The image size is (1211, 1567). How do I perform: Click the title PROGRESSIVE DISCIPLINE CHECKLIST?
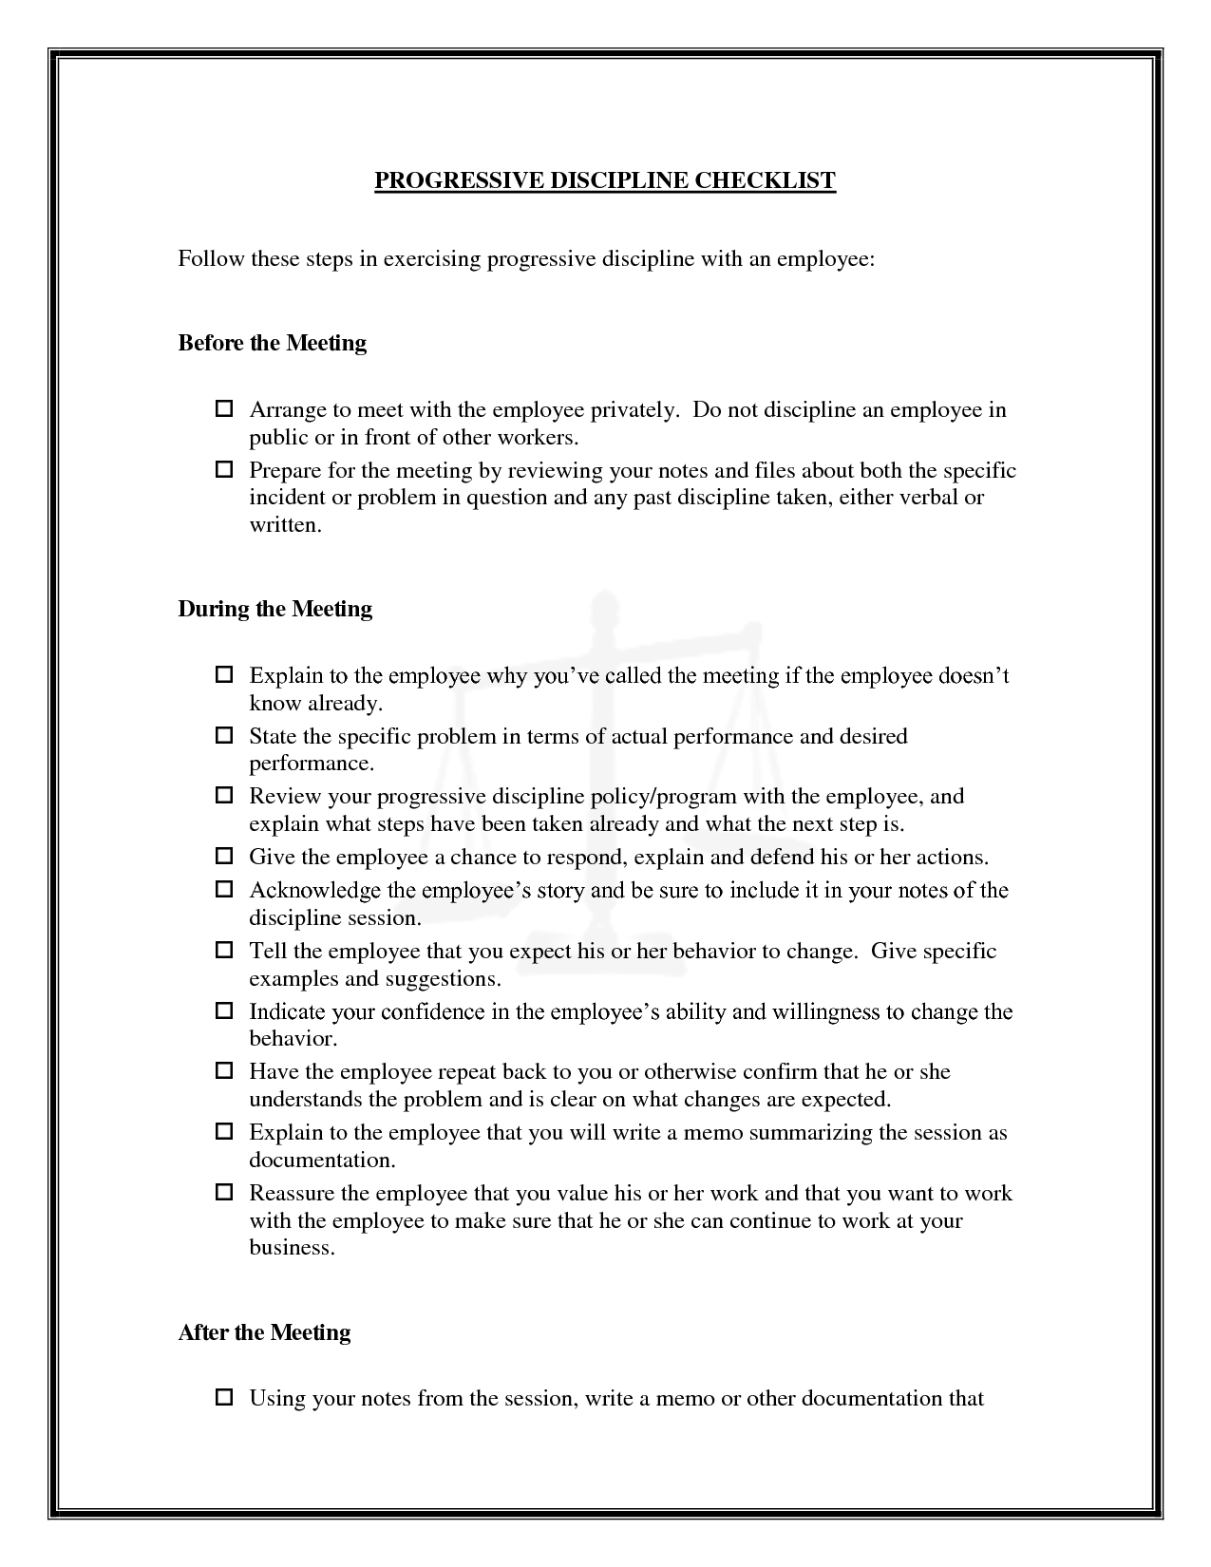[x=604, y=180]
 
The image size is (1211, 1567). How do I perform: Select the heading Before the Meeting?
[x=272, y=343]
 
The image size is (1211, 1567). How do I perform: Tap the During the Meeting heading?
[x=274, y=609]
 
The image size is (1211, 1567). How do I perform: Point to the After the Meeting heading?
[x=264, y=1332]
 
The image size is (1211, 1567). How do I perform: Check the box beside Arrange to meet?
[x=224, y=410]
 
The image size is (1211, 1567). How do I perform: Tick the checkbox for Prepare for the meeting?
[x=224, y=470]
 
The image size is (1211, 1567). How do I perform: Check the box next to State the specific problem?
[x=224, y=736]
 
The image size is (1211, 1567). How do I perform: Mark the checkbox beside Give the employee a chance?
[x=224, y=857]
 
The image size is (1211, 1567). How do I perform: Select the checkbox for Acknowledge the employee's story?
[x=224, y=890]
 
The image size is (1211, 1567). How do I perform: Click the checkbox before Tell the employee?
[x=224, y=951]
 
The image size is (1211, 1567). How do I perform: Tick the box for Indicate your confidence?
[x=224, y=1011]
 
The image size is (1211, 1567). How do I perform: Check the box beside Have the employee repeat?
[x=224, y=1071]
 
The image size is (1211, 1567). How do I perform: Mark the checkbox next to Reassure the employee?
[x=224, y=1193]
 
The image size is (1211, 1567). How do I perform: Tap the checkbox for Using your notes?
[x=224, y=1398]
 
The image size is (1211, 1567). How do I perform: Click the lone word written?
[x=285, y=524]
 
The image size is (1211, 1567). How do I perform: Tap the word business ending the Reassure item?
[x=292, y=1248]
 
